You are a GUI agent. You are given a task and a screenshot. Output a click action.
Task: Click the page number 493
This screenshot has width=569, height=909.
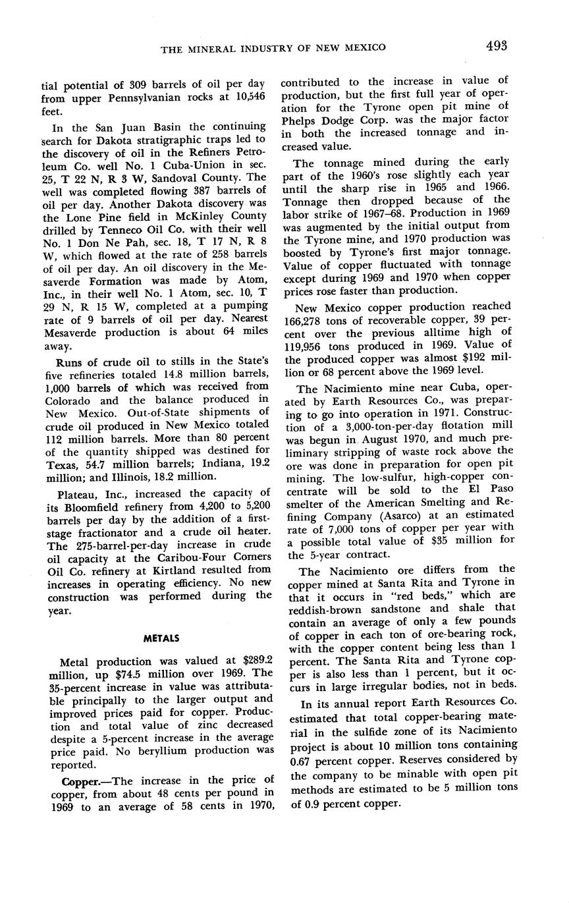497,45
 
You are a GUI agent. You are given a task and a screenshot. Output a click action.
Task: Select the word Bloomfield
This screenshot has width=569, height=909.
88,505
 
